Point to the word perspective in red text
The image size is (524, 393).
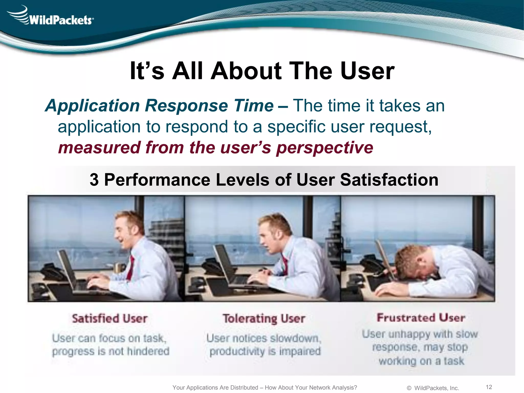(x=325, y=148)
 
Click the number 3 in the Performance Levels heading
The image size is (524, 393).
(x=94, y=180)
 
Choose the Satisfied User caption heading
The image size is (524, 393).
(x=110, y=319)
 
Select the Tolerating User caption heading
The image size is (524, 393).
(x=264, y=319)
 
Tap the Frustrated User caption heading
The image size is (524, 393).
(x=421, y=318)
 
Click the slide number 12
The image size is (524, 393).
(x=489, y=387)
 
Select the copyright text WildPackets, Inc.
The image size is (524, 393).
(x=436, y=388)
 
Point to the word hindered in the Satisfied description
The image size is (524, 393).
(x=148, y=351)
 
